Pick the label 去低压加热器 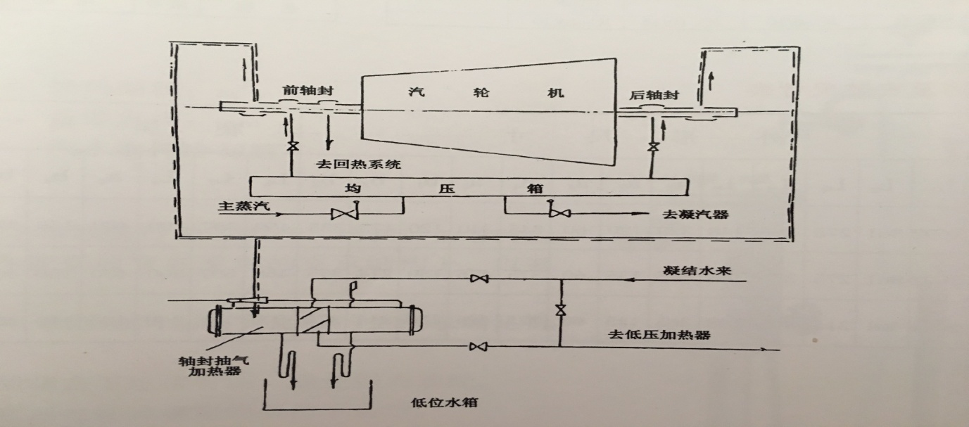tap(659, 334)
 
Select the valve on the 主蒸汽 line tap(345, 212)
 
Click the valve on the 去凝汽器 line tap(559, 211)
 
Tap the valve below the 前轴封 tap(290, 148)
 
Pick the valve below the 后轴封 tap(654, 148)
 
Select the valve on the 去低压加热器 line tap(479, 345)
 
